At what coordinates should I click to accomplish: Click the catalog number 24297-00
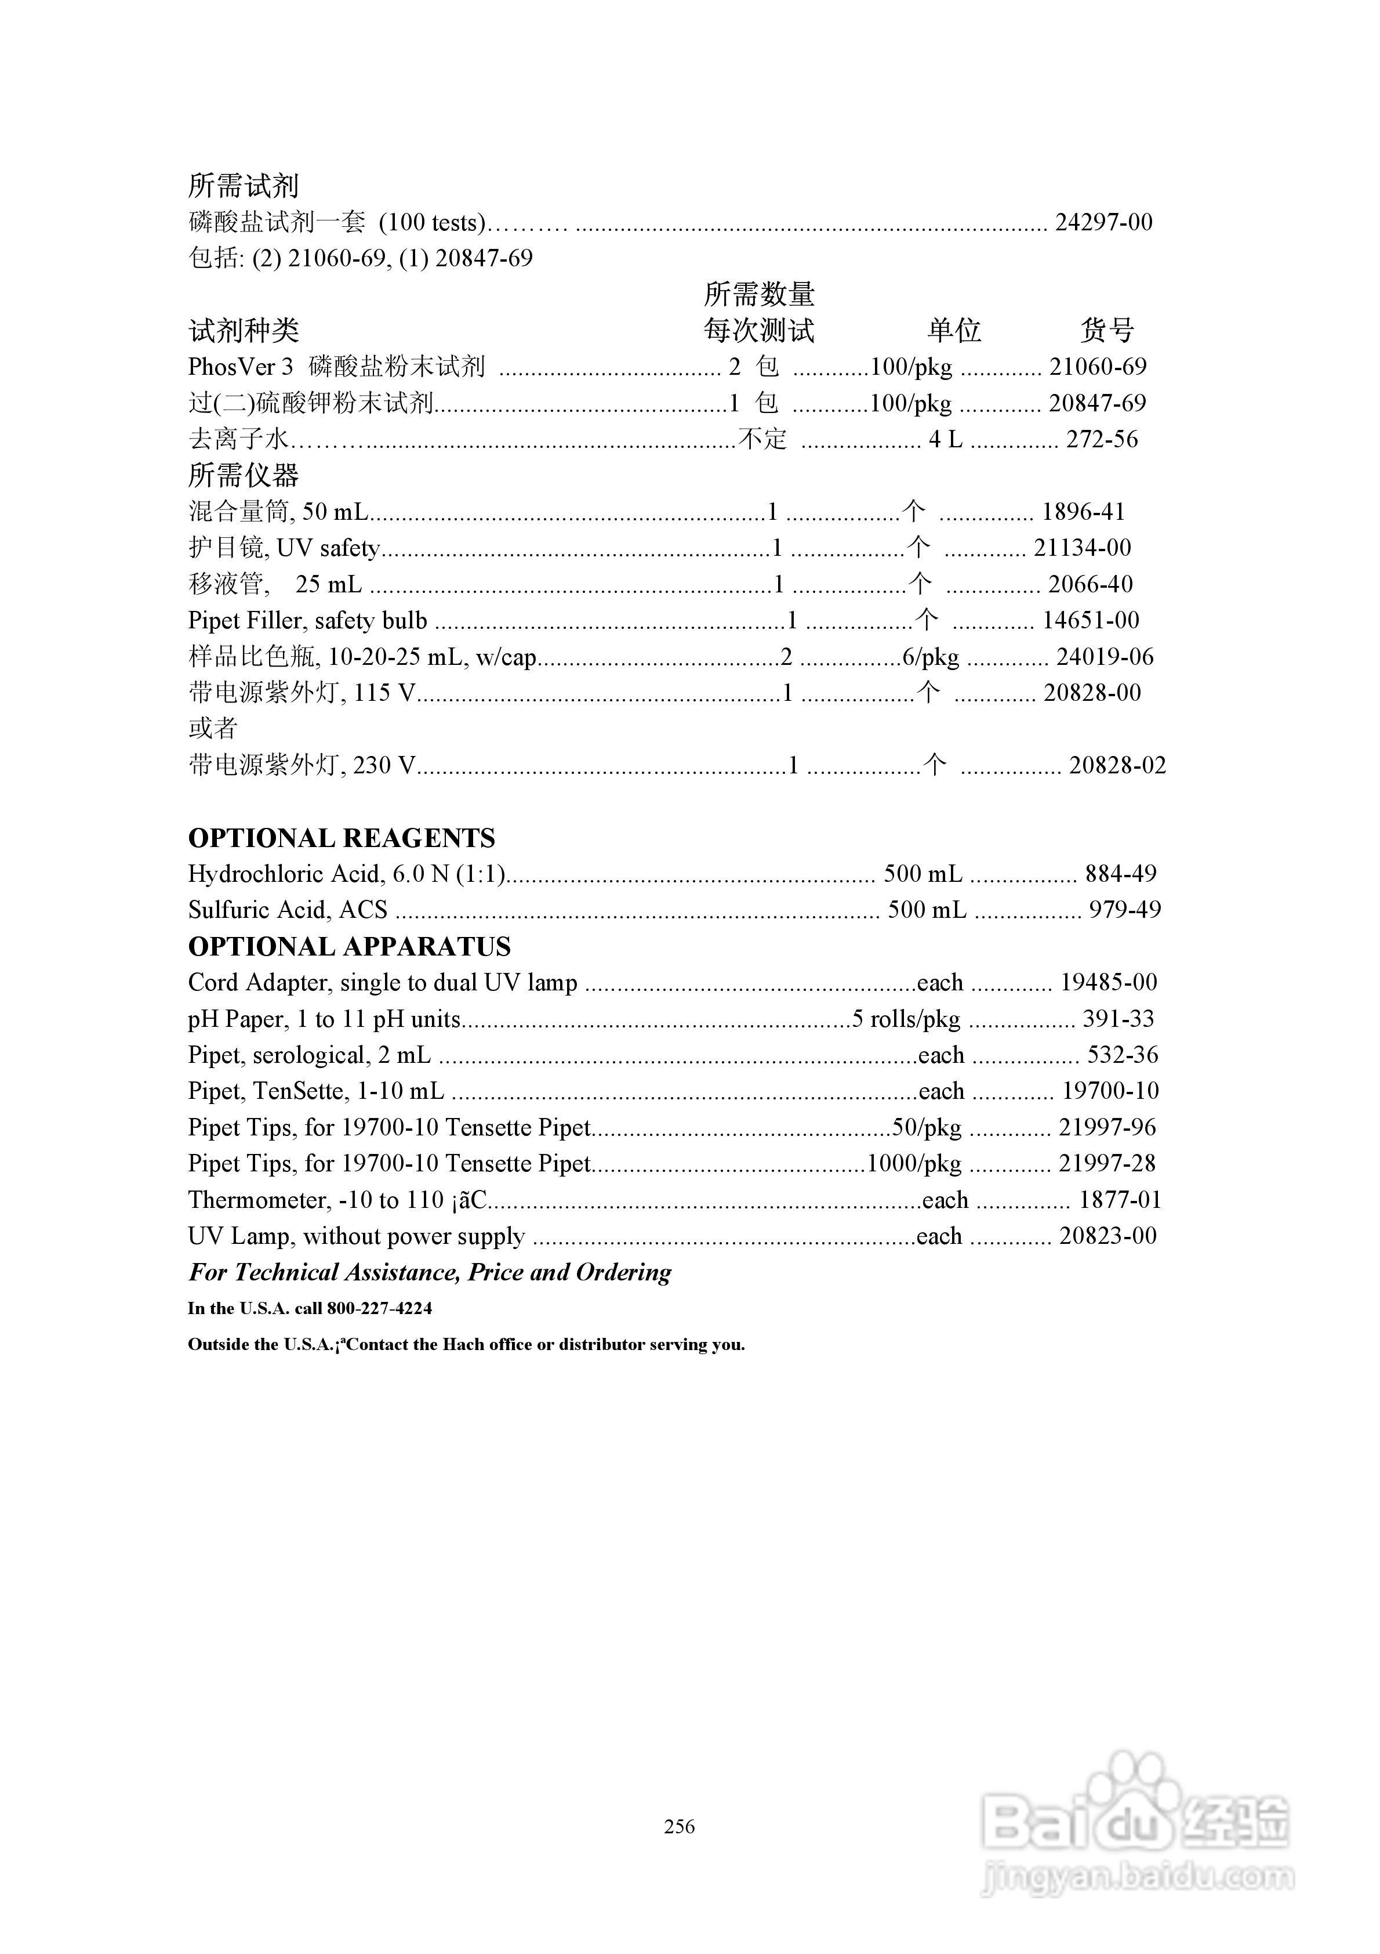1103,223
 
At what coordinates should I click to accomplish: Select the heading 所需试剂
244,186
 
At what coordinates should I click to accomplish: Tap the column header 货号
1107,330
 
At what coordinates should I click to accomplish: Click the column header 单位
954,330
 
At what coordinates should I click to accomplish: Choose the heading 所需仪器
244,475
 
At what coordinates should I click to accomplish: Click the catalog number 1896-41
1083,512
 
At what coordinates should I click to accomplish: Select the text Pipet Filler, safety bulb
307,620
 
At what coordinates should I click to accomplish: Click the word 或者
213,729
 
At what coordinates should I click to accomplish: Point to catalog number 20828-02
1117,765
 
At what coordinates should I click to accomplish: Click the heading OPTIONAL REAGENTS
341,838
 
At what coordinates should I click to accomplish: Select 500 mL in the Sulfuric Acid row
927,910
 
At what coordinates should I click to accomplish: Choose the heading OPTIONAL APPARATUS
349,946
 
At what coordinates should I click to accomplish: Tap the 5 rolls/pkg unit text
906,1019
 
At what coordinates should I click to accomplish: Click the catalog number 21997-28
1107,1163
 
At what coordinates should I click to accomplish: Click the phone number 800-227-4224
379,1308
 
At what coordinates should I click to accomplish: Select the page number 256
680,1826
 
